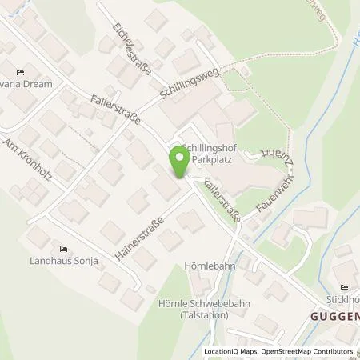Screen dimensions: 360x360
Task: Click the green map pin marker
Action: pos(178,165)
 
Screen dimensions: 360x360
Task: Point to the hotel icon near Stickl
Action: pos(345,288)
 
